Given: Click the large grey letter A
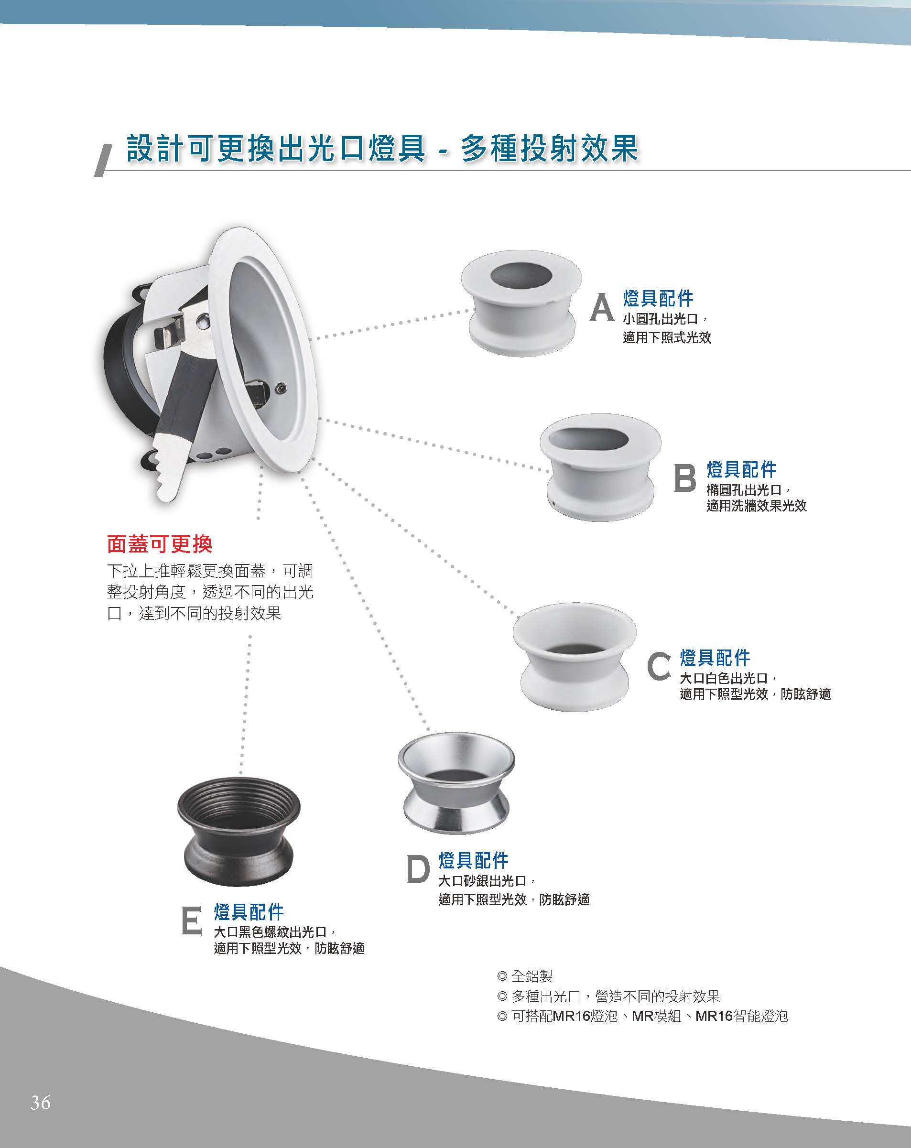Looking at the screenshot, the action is [x=602, y=308].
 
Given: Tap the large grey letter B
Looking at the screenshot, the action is [x=685, y=477].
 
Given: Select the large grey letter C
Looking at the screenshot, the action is [x=659, y=666].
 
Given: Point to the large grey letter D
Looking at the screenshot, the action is [x=418, y=868].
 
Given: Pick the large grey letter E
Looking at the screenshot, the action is [x=192, y=920].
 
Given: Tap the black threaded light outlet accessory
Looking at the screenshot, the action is [x=239, y=831].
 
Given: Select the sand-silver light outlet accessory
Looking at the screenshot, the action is [x=456, y=782].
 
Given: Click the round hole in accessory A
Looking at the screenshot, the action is [x=521, y=275].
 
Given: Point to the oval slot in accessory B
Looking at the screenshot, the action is [x=588, y=439].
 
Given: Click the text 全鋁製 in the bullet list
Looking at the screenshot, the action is [x=532, y=976].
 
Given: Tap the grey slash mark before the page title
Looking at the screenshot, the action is [x=103, y=160].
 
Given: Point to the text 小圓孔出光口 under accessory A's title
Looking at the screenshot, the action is [x=660, y=319].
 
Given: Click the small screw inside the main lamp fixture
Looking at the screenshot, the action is [x=281, y=389].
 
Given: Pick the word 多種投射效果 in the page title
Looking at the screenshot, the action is [x=550, y=148].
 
